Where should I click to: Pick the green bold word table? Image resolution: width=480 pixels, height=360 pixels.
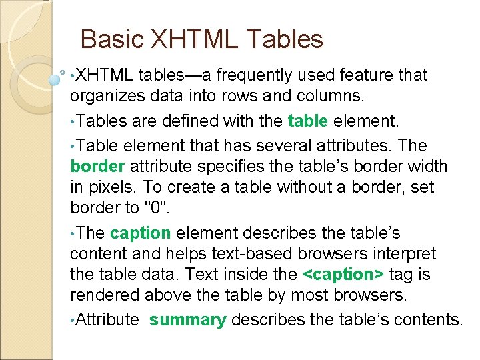308,121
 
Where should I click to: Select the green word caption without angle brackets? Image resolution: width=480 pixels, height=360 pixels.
141,233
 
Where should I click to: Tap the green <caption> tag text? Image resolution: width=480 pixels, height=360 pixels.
343,273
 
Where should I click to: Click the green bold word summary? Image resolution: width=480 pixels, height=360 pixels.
188,320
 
